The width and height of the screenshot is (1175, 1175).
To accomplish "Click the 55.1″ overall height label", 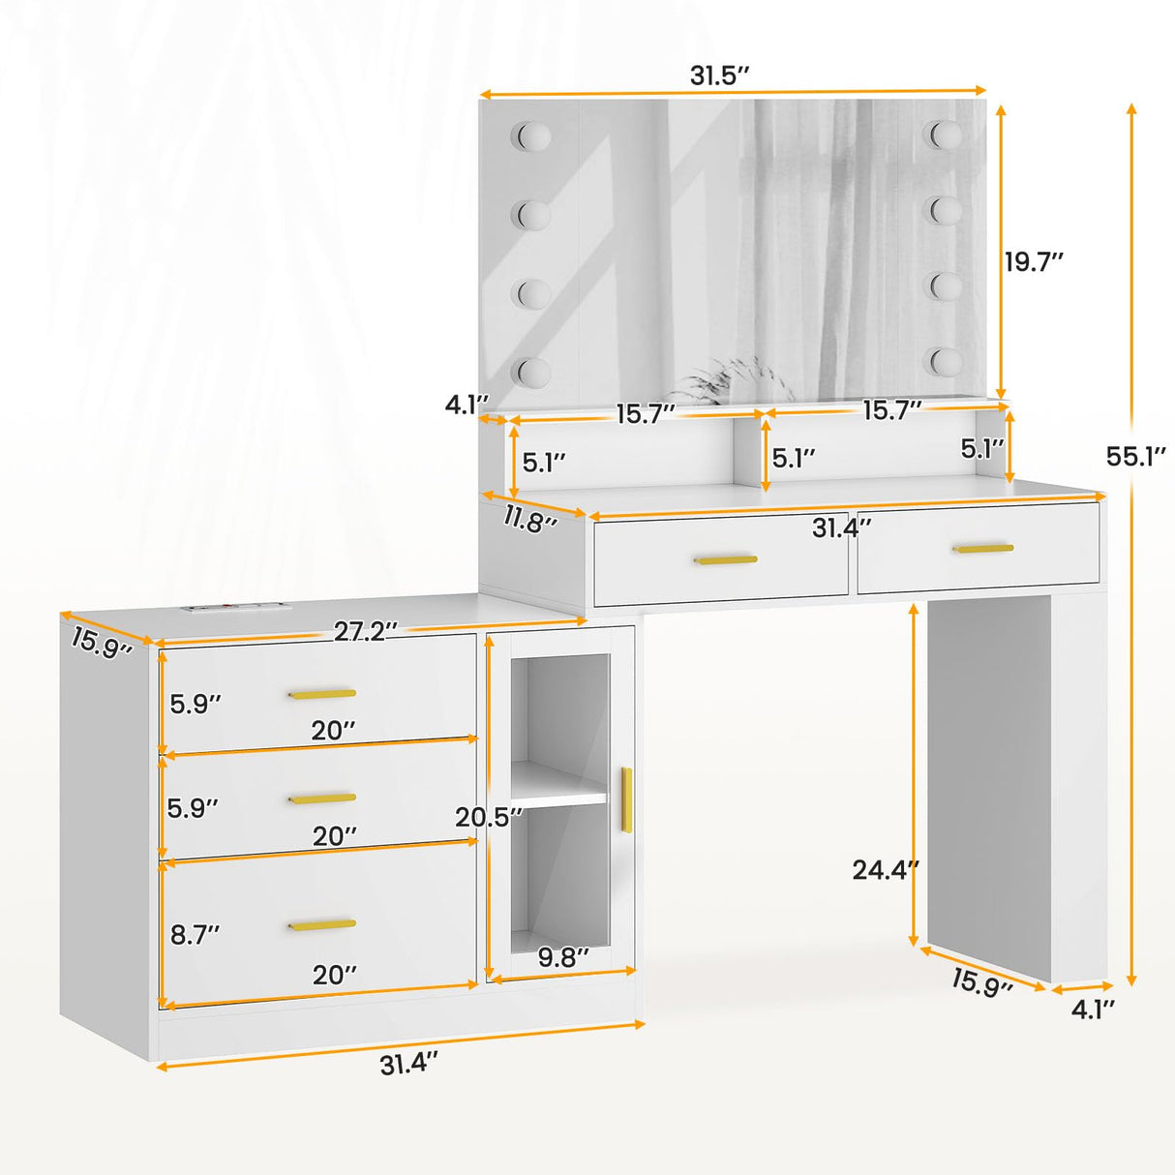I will tap(1135, 456).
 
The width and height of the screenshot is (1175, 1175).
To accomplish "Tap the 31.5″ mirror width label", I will tap(720, 75).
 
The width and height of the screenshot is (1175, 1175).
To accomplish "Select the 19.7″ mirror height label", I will tap(1034, 261).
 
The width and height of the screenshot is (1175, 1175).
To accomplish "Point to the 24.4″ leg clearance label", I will tap(885, 870).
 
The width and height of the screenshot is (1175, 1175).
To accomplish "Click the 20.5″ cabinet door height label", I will tap(489, 817).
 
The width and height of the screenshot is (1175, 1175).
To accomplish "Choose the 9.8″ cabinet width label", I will tap(563, 957).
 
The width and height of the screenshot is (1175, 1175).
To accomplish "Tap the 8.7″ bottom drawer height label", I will tap(195, 934).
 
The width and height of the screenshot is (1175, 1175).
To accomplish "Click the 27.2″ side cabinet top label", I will tap(365, 631).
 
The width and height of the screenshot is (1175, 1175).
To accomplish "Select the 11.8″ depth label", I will tap(529, 520).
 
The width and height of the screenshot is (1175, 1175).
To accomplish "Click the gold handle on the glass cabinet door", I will tap(626, 799).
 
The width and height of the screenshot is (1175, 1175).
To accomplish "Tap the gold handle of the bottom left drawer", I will tap(322, 925).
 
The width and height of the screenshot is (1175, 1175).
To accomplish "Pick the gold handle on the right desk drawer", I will tap(982, 549).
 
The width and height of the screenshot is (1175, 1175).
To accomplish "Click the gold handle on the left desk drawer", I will tap(726, 559).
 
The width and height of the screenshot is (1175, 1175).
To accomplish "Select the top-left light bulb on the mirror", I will tap(532, 136).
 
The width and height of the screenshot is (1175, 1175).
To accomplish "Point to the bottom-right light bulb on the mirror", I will tap(946, 361).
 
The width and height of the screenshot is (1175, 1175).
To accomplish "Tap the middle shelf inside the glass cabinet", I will tap(559, 797).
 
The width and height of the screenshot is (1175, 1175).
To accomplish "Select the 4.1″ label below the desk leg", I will tap(1092, 1009).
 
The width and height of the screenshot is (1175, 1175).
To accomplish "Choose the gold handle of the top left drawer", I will tap(322, 693).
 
